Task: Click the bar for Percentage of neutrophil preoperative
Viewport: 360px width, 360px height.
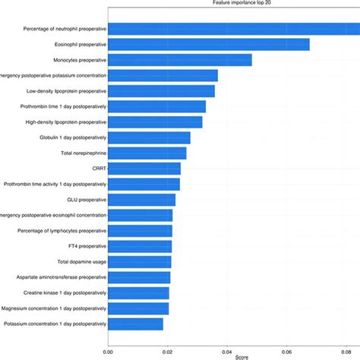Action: pyautogui.click(x=228, y=29)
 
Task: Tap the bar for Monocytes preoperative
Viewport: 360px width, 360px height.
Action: pyautogui.click(x=179, y=60)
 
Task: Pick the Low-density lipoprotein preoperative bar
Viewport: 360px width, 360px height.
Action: pyautogui.click(x=161, y=91)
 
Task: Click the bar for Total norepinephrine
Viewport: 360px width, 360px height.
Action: pyautogui.click(x=147, y=153)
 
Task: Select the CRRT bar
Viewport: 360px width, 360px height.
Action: pyautogui.click(x=144, y=169)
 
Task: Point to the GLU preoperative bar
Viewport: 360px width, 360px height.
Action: pyautogui.click(x=141, y=200)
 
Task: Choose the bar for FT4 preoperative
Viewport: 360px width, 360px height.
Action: pyautogui.click(x=140, y=246)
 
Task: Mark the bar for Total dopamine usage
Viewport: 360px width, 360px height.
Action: pyautogui.click(x=140, y=262)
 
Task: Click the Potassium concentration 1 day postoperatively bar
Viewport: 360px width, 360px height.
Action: pyautogui.click(x=135, y=324)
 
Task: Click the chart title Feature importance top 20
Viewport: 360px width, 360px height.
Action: pyautogui.click(x=235, y=3)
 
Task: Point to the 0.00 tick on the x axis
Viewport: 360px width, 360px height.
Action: pyautogui.click(x=108, y=350)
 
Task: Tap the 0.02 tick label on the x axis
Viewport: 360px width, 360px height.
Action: pyautogui.click(x=167, y=350)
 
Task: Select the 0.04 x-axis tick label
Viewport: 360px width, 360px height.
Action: pyautogui.click(x=227, y=350)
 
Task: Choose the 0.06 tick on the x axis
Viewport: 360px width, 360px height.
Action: pyautogui.click(x=286, y=350)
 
